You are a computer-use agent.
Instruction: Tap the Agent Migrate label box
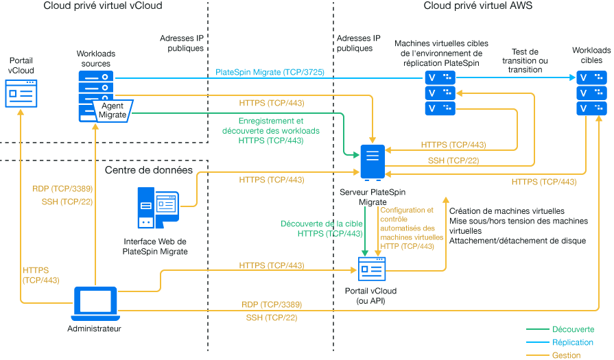pyautogui.click(x=113, y=110)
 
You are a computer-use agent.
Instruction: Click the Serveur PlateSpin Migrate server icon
pyautogui.click(x=372, y=162)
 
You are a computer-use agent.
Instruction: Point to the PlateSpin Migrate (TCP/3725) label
pyautogui.click(x=270, y=71)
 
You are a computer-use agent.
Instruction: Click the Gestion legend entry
pyautogui.click(x=567, y=355)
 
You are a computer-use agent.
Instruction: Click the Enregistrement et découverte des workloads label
pyautogui.click(x=271, y=130)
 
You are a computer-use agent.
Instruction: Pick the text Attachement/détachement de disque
pyautogui.click(x=517, y=241)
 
